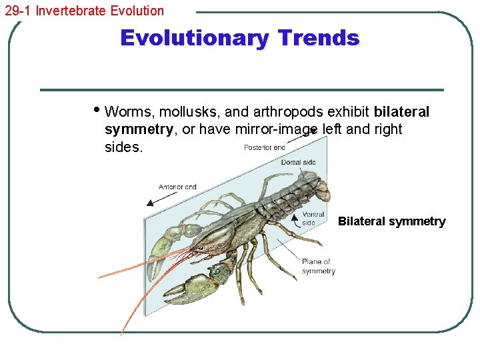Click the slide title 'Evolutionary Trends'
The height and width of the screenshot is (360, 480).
pos(239,38)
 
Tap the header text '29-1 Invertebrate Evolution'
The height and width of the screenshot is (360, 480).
pos(84,11)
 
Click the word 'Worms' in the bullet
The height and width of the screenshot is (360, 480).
pos(125,111)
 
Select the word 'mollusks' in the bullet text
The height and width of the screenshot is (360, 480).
pos(177,111)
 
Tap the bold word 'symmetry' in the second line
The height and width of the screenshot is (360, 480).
pos(138,129)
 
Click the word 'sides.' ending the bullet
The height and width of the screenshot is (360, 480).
pos(123,147)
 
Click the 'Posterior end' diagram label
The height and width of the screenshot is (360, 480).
pos(265,147)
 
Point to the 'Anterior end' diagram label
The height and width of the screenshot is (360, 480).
pos(177,187)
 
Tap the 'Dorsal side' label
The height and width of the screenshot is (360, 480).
pos(298,162)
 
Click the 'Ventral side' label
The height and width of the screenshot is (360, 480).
pos(313,219)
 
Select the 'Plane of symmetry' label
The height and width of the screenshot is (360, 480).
pos(318,266)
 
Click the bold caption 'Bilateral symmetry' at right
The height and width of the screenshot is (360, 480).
pos(391,221)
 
